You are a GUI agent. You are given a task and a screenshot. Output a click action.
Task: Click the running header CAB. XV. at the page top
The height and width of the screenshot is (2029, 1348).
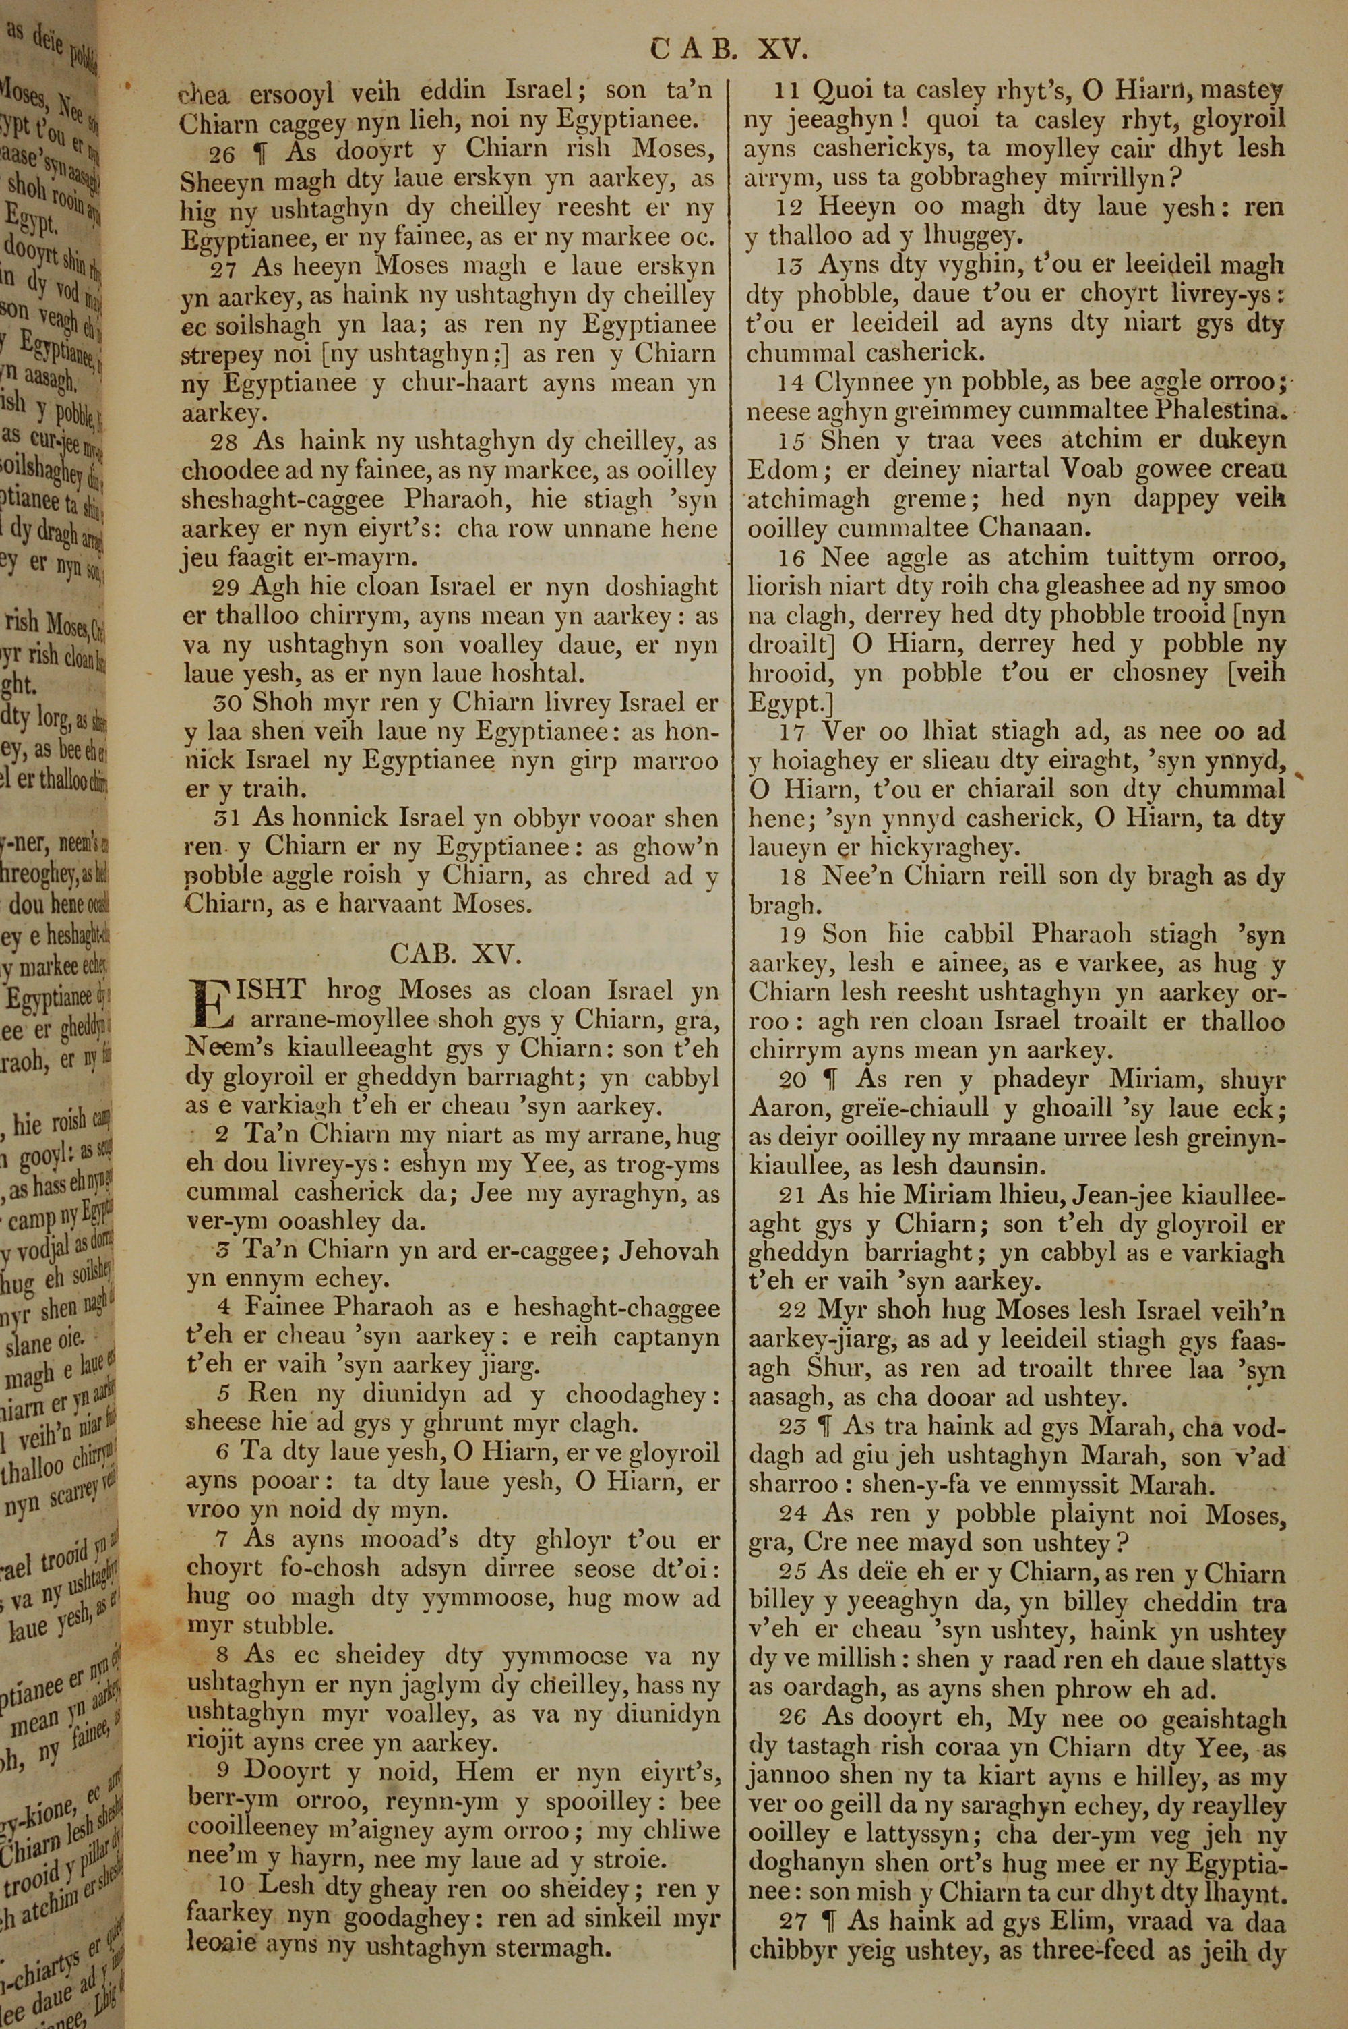click(729, 49)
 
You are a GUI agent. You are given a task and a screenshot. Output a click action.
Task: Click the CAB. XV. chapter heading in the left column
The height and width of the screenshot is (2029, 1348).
click(456, 954)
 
